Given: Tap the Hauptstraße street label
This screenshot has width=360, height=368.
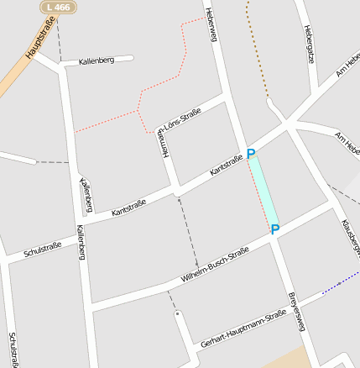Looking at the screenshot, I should click(x=40, y=41).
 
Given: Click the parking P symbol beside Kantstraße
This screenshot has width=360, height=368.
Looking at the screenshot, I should click(x=250, y=155).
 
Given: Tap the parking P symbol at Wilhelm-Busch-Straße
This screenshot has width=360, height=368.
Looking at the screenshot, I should click(x=274, y=229).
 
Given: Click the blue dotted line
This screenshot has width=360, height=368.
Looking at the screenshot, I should click(x=340, y=284).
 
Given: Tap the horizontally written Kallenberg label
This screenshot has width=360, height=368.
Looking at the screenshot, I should click(x=97, y=61).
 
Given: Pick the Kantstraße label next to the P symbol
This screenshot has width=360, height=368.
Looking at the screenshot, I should click(x=226, y=163).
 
